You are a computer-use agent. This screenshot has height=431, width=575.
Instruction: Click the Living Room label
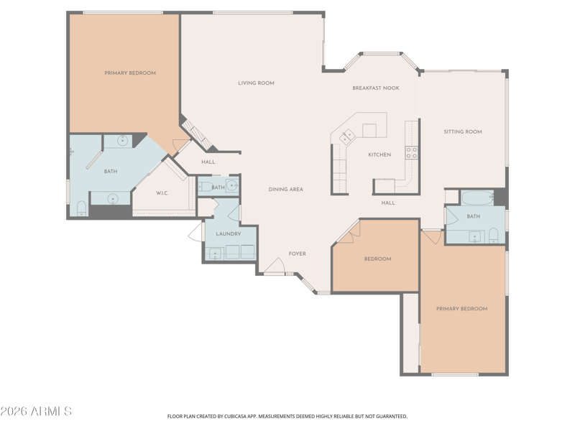tap(256, 83)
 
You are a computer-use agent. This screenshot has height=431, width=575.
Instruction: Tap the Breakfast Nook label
tap(375, 88)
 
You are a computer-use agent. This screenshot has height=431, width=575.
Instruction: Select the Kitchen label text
tap(379, 154)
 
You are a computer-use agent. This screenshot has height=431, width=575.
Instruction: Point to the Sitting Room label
tap(463, 131)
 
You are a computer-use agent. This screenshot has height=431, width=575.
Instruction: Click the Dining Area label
tap(285, 190)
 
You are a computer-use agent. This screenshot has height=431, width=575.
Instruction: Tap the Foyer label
tap(297, 254)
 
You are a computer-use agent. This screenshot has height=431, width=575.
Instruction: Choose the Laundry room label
tap(229, 234)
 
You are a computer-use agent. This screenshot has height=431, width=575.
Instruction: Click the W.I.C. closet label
tap(162, 193)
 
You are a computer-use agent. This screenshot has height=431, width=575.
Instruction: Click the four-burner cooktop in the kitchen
tap(411, 152)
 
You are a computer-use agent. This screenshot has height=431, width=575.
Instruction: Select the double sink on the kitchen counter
tap(347, 136)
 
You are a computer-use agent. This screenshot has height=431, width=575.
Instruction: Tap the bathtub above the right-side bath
tap(477, 198)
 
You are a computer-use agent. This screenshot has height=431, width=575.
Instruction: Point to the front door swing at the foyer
tap(275, 265)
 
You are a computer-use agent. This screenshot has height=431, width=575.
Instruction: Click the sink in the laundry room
tap(213, 253)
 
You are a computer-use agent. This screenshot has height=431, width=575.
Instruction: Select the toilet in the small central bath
tap(206, 187)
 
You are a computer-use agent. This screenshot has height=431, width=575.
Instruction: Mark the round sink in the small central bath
tap(231, 185)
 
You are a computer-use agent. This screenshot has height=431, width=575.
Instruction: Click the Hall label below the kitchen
tap(388, 203)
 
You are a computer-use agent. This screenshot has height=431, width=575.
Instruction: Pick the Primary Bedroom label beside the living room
tap(130, 73)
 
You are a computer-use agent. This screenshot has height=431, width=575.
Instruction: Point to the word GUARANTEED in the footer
tap(392, 417)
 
